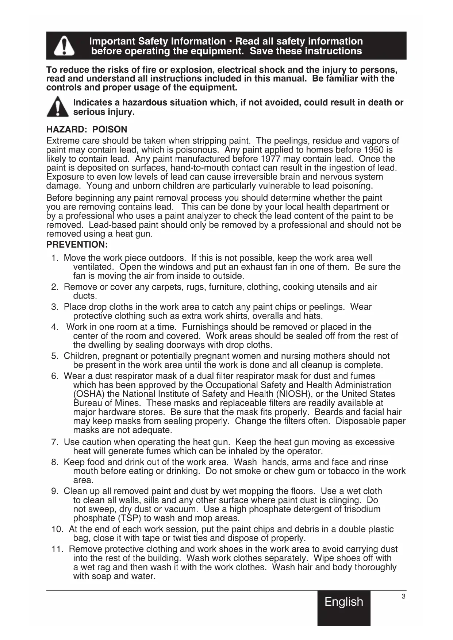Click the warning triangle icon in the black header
64,46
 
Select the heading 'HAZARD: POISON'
87,130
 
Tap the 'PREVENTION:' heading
77,244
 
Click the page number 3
403,597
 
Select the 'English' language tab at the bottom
344,602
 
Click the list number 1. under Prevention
55,258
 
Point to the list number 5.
55,356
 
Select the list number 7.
55,442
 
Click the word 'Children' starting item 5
81,356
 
